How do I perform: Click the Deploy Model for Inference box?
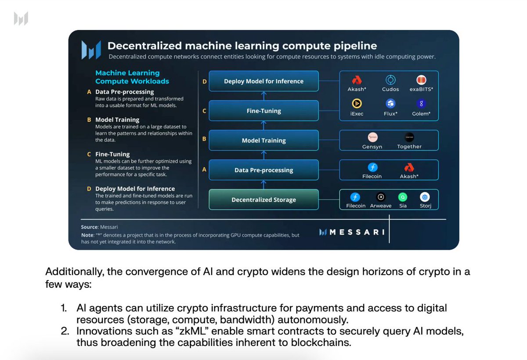[x=263, y=81]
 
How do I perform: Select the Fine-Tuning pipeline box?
[x=263, y=111]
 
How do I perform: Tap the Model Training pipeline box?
[x=263, y=141]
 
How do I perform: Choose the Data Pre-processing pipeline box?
[x=263, y=170]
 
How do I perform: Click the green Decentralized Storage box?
[x=263, y=200]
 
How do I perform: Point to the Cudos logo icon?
[x=390, y=80]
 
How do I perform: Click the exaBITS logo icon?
[x=421, y=80]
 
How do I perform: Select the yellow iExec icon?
[x=356, y=104]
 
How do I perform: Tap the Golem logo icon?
[x=421, y=104]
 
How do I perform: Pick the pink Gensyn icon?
[x=372, y=137]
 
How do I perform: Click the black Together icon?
[x=409, y=137]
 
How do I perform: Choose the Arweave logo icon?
[x=381, y=197]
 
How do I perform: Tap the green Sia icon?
[x=403, y=197]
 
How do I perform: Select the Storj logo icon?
[x=425, y=197]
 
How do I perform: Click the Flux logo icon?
[x=390, y=104]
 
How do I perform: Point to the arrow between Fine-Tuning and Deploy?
[x=263, y=96]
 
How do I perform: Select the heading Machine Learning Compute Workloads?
[x=132, y=77]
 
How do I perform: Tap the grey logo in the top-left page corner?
[x=21, y=18]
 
